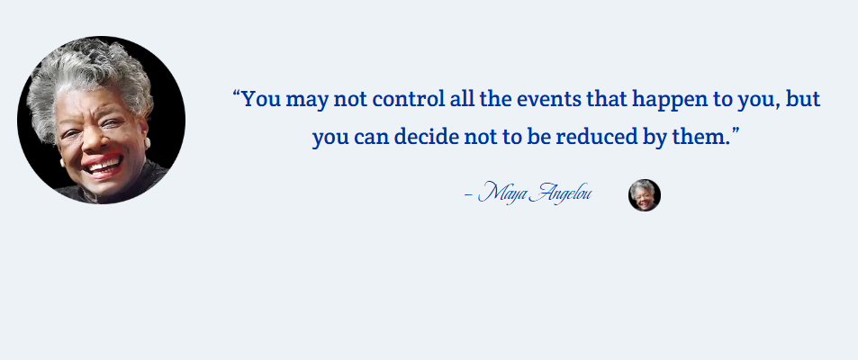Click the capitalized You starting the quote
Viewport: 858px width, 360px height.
[261, 100]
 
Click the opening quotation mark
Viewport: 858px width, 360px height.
[237, 94]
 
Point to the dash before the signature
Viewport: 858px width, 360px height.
[468, 194]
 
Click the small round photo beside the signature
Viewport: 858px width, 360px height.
[645, 195]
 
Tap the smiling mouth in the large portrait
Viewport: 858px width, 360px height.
[104, 165]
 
